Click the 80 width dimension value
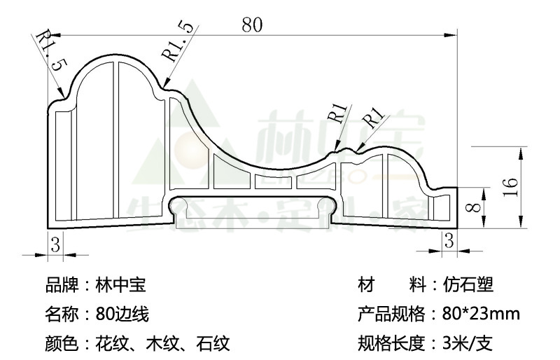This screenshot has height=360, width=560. [252, 25]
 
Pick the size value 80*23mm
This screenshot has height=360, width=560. [481, 314]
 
